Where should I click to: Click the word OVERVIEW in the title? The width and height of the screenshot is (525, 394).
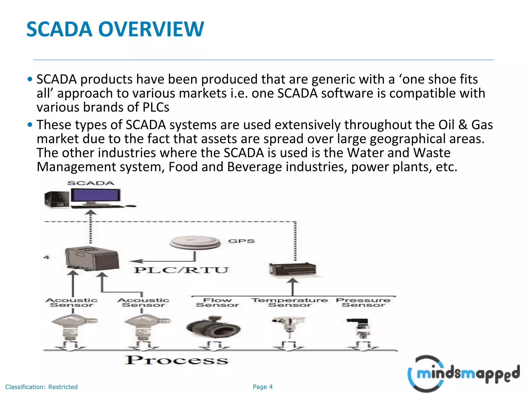tap(151, 29)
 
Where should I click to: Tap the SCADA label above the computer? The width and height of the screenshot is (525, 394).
tap(90, 183)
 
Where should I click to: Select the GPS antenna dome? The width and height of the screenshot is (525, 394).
tap(195, 242)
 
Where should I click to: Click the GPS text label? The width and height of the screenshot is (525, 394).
tap(241, 241)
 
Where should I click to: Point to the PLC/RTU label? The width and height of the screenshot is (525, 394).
tap(181, 270)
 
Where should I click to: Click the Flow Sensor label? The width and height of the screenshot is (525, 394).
tap(217, 302)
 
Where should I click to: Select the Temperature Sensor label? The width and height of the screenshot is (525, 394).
tap(289, 302)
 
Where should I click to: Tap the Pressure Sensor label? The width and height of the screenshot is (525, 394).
tap(363, 302)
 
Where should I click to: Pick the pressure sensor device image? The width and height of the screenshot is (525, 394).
tap(362, 328)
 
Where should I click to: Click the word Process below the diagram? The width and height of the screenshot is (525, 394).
tap(176, 360)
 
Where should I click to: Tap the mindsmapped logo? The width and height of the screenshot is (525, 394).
tap(463, 373)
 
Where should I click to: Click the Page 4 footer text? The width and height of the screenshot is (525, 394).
tap(262, 387)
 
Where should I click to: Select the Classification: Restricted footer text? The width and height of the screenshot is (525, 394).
tap(41, 387)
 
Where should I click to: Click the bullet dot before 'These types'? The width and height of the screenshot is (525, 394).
tap(30, 125)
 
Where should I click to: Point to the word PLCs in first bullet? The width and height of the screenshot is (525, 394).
tap(156, 107)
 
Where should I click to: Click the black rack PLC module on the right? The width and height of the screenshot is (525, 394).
tap(292, 269)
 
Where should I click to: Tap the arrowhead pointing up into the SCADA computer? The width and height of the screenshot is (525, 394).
tap(90, 212)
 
